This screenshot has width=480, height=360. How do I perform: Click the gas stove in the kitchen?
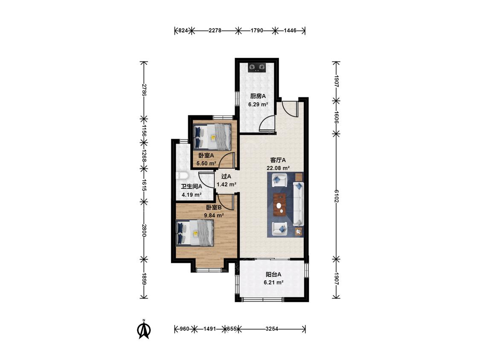[256, 67]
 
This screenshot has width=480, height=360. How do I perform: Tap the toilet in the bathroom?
[182, 176]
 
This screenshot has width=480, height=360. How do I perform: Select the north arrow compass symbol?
[143, 329]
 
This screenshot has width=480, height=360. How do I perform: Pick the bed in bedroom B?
[195, 233]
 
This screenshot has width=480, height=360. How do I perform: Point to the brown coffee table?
[279, 205]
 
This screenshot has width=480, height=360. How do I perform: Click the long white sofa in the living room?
[298, 203]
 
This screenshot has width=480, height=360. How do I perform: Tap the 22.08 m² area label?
[278, 168]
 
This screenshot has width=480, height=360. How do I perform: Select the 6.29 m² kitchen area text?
[258, 105]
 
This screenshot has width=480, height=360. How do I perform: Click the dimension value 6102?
[336, 196]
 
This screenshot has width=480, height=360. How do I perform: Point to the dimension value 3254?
[271, 329]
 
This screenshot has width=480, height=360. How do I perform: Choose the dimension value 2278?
[215, 31]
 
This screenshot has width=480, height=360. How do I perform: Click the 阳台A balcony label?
[273, 275]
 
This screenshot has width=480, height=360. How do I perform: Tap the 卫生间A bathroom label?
[191, 186]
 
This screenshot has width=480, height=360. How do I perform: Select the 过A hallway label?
[226, 177]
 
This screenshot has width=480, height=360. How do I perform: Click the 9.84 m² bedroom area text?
[214, 215]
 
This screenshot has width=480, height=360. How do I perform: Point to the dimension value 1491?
[209, 329]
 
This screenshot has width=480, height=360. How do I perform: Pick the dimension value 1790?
[256, 31]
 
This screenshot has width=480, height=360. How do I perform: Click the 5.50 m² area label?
[207, 163]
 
